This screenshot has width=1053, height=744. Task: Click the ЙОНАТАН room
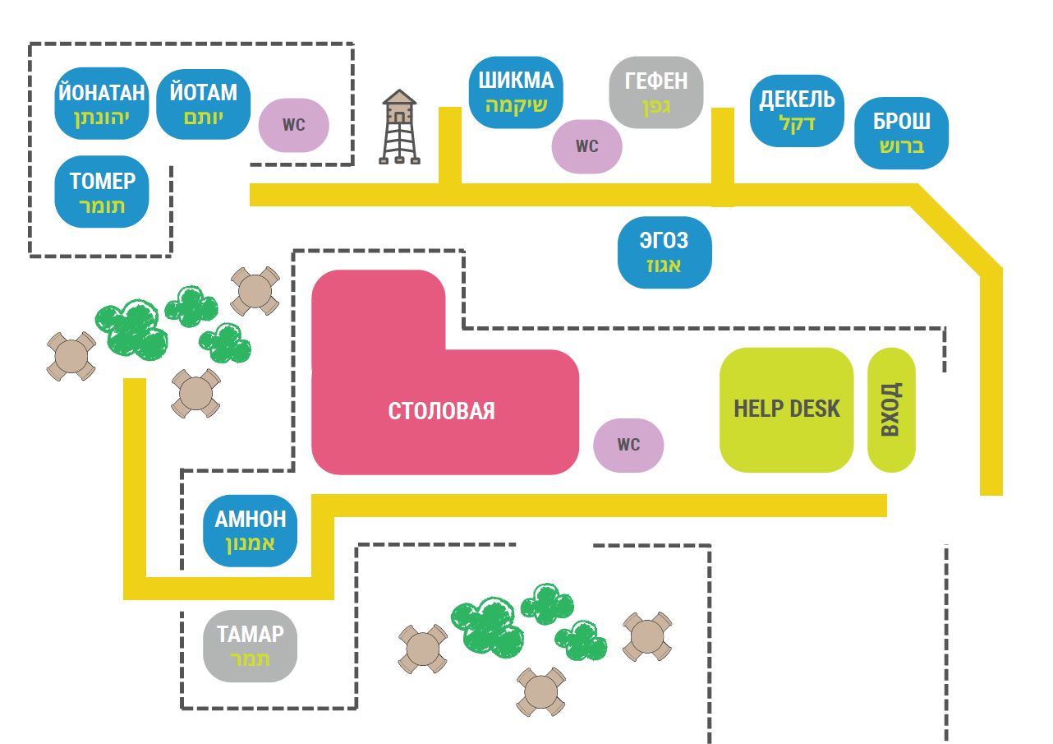101,104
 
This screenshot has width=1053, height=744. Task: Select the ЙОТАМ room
203,104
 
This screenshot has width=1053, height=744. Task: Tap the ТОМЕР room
102,192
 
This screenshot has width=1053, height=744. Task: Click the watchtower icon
399,127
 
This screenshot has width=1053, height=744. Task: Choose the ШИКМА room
516,91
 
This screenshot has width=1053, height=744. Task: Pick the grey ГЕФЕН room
656,92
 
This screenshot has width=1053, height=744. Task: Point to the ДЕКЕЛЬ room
797,111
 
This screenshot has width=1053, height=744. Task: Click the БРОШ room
901,133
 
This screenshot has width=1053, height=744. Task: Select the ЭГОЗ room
664,252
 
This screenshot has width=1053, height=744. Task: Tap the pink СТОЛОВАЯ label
442,411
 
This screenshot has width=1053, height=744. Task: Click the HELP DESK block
786,409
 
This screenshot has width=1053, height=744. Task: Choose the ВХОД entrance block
891,409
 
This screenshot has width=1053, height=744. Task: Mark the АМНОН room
250,531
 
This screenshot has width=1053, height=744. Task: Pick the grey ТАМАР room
250,646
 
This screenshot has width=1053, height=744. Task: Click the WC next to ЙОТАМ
293,126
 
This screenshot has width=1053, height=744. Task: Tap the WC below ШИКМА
586,146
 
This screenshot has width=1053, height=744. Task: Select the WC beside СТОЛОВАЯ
628,445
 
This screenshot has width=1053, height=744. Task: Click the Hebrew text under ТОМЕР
102,206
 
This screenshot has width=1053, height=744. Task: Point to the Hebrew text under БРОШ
901,146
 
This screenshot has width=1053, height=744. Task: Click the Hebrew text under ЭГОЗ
664,266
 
